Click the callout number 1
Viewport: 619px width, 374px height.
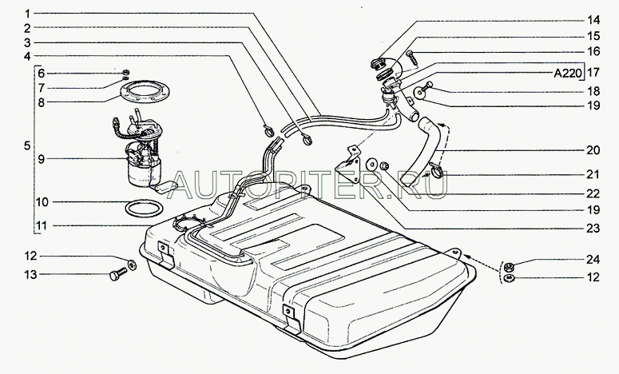click(x=27, y=14)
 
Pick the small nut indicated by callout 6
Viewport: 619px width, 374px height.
click(x=126, y=73)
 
